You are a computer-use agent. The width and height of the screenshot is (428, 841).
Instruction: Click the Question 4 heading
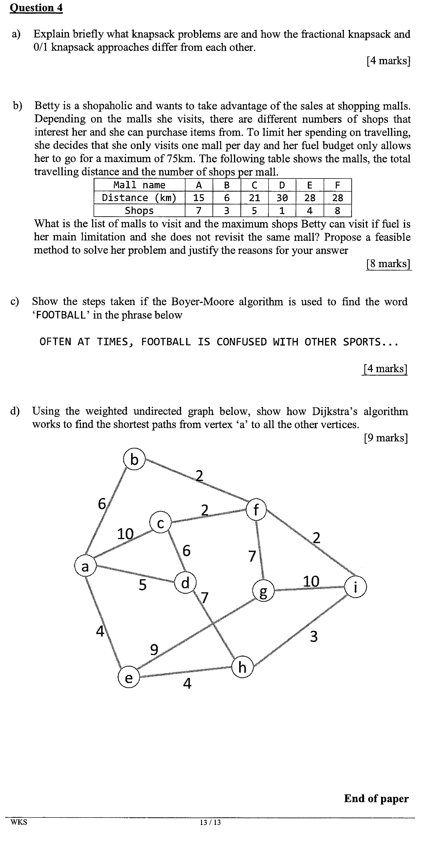(36, 7)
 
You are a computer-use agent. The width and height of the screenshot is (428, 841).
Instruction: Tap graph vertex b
(134, 459)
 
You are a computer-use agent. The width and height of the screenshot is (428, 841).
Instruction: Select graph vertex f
(256, 510)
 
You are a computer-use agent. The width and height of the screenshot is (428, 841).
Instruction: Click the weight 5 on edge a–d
(143, 585)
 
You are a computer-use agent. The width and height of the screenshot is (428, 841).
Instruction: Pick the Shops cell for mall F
(337, 211)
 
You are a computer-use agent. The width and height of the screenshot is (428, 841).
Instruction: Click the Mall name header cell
(139, 185)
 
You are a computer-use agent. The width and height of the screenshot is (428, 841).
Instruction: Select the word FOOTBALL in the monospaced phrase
(166, 342)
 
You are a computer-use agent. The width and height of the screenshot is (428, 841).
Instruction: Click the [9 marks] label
(386, 437)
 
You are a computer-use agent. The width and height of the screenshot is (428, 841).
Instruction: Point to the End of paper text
(376, 799)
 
